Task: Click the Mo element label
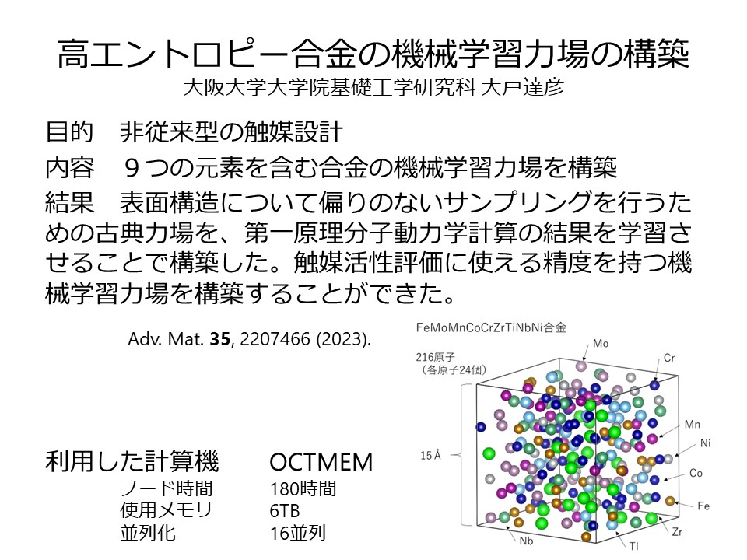(x=601, y=343)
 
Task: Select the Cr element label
(x=669, y=358)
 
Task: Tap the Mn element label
(x=693, y=425)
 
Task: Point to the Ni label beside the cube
(x=706, y=443)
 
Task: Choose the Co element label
(x=696, y=473)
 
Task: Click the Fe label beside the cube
(x=703, y=506)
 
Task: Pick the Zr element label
(x=677, y=532)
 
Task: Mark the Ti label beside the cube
(x=633, y=546)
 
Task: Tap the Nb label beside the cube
(x=526, y=541)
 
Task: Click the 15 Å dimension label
(x=430, y=455)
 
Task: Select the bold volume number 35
(x=219, y=339)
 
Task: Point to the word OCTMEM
(x=321, y=462)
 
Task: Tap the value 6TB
(x=285, y=511)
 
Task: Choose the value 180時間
(x=303, y=488)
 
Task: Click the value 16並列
(x=298, y=533)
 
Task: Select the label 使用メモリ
(x=166, y=510)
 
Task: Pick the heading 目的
(x=69, y=131)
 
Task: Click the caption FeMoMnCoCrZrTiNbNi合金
(x=491, y=327)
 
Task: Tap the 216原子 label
(x=436, y=357)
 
